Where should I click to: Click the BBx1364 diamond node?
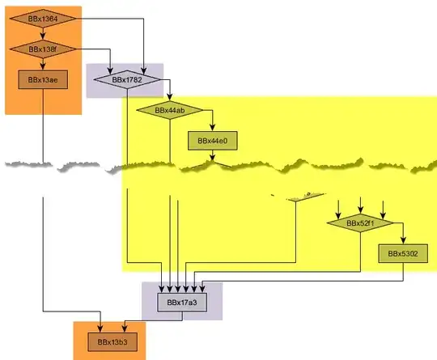coord(44,18)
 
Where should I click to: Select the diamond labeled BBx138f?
coord(44,49)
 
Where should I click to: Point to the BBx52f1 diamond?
coord(360,222)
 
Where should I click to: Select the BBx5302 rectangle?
coord(401,254)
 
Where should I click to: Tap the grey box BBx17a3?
coord(182,303)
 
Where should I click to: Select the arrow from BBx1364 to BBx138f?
coord(44,34)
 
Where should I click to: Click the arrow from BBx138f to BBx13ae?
coord(44,65)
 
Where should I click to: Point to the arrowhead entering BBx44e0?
coord(212,128)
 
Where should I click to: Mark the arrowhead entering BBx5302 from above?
coord(402,240)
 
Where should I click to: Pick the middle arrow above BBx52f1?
coord(361,203)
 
